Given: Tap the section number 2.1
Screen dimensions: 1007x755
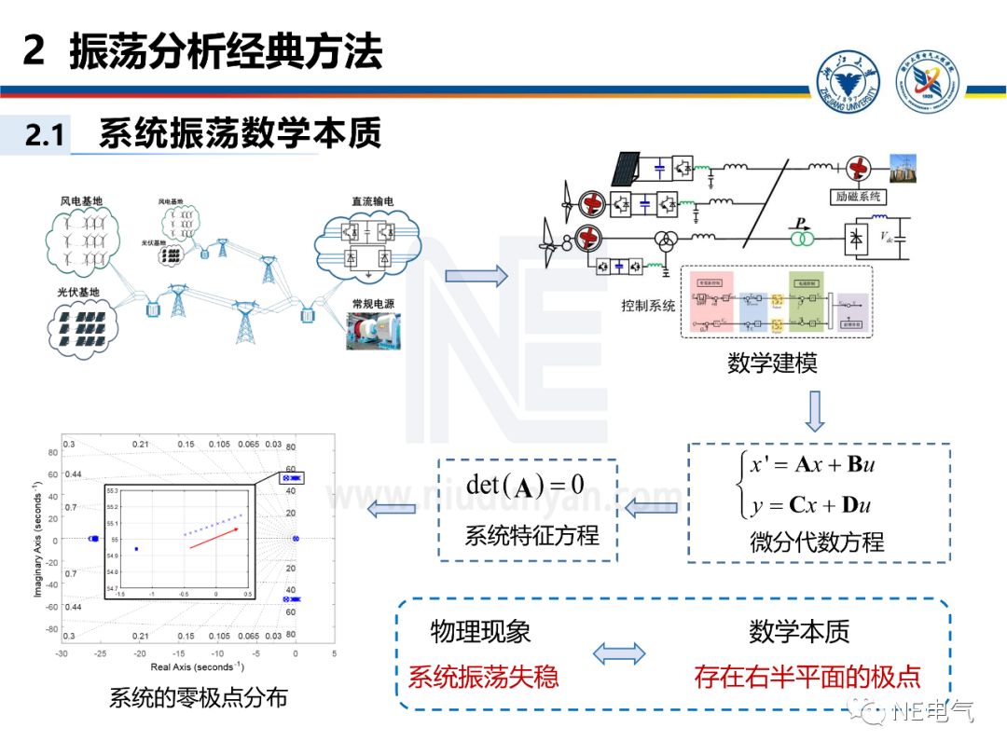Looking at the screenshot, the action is point(44,136).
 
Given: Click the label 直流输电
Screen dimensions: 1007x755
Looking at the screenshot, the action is point(372,200).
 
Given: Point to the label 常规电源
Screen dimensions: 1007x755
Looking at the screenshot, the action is point(373,304).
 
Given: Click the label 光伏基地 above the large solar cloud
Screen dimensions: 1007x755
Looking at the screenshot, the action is point(78,293).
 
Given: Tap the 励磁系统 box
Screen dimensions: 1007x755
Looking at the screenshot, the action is point(855,197).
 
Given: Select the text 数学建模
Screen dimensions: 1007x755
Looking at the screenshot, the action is point(772,363).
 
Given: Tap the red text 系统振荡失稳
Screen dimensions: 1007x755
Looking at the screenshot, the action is point(483,676).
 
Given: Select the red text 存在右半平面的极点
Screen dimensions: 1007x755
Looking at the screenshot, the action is point(807,676).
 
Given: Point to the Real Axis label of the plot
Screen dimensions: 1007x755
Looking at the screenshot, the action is point(197,667).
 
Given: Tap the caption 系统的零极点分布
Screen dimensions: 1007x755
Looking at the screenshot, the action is point(198,698).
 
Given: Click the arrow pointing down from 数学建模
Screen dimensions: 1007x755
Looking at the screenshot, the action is point(815,411).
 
